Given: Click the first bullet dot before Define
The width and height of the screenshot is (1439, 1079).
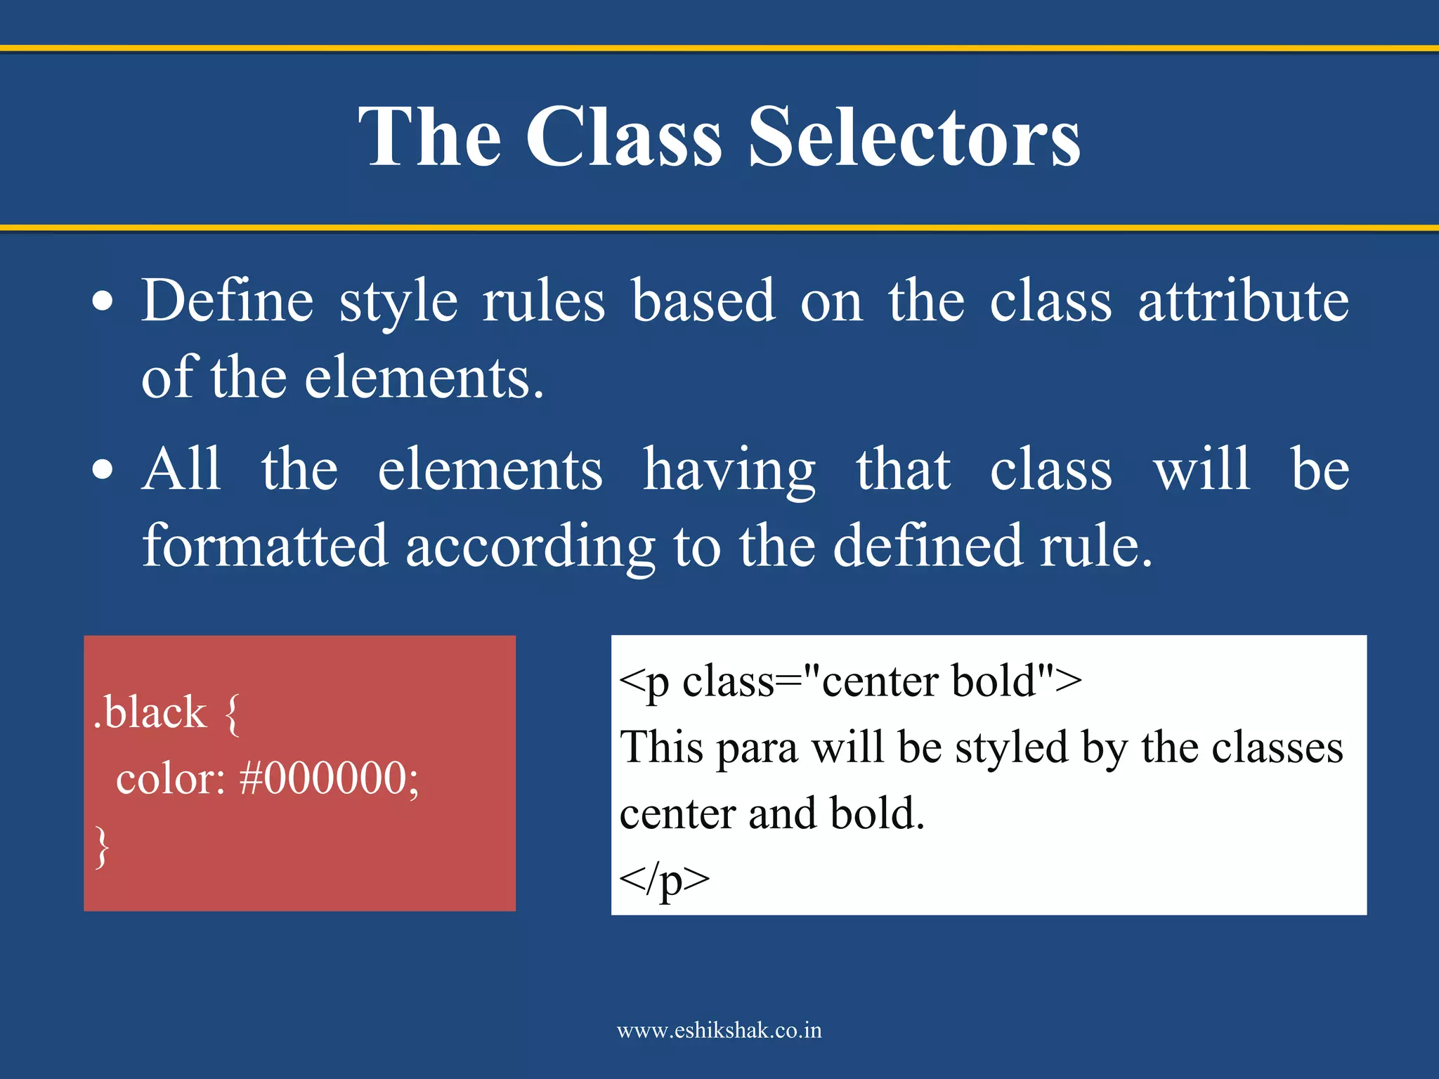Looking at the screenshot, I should [103, 302].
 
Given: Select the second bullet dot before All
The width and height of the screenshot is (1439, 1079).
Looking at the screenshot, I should [103, 470].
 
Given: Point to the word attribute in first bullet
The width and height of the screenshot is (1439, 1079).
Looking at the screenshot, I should [1243, 301].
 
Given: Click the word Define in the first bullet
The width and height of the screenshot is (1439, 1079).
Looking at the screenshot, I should [227, 301].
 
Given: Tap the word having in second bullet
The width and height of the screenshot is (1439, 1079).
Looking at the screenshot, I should [729, 470].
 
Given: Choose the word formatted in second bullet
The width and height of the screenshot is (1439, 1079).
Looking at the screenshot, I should [265, 546].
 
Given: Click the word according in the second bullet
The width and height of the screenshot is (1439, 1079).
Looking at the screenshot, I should [530, 547].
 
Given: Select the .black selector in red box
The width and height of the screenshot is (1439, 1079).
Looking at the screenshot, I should [150, 712].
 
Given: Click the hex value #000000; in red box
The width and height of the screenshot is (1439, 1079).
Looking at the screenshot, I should [329, 778].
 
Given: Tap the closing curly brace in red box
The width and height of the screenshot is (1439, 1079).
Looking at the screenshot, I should [103, 846].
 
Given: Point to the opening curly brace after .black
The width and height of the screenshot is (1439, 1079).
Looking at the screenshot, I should [233, 714].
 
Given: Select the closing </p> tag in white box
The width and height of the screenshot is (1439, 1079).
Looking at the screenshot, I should [664, 879].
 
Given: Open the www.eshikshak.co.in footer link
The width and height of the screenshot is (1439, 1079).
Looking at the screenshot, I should [719, 1031].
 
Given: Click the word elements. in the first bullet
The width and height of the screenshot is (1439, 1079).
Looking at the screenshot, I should [424, 378].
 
